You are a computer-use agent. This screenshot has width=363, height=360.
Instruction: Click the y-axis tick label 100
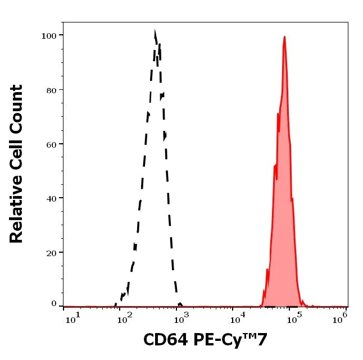(x=49, y=35)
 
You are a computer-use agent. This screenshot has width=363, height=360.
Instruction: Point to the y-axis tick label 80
(x=51, y=90)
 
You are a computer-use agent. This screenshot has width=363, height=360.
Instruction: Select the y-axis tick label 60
(x=51, y=144)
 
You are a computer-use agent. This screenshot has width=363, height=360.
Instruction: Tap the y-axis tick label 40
(x=51, y=198)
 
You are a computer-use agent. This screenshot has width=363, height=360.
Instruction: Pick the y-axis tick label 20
(x=51, y=252)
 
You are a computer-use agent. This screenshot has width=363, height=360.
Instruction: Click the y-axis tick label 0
(x=54, y=304)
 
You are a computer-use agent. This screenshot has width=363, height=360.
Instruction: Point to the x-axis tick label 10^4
(x=237, y=320)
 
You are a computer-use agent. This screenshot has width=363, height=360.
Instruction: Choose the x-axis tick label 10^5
(x=292, y=320)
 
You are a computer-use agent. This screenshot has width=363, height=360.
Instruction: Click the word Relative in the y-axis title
(x=17, y=213)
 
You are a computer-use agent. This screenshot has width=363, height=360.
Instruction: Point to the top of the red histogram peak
(x=285, y=37)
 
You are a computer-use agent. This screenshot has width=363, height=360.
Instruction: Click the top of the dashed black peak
(x=155, y=32)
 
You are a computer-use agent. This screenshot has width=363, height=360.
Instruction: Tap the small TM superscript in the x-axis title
(x=251, y=337)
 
